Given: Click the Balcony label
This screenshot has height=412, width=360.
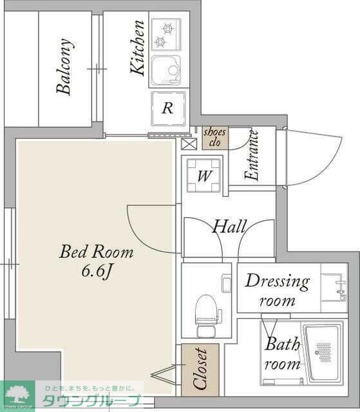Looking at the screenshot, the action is [x=64, y=66].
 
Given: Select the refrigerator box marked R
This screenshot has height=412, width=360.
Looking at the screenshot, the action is [x=168, y=108].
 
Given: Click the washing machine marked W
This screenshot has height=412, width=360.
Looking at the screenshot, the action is [x=204, y=175].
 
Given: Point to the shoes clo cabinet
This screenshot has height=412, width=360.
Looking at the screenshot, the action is [x=215, y=138].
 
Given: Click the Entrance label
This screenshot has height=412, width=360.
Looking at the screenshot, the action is [x=252, y=155].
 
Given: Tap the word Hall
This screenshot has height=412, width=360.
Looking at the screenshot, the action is [x=229, y=226].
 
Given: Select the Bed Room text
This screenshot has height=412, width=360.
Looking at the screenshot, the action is [x=97, y=252].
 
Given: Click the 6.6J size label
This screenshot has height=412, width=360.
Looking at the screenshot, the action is [x=97, y=271].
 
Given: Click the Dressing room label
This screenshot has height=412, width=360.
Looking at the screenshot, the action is [x=277, y=290].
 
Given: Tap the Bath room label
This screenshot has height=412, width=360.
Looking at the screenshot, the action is [x=282, y=353].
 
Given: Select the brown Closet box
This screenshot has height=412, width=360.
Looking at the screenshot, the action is [x=200, y=370].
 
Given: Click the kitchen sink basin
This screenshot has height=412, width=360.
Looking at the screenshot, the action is [x=166, y=71].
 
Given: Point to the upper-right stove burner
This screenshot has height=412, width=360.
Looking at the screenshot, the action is [x=167, y=28].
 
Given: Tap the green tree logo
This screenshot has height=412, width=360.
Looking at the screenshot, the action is [x=18, y=395].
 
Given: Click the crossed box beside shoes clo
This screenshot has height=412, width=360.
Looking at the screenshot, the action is [x=189, y=144].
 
